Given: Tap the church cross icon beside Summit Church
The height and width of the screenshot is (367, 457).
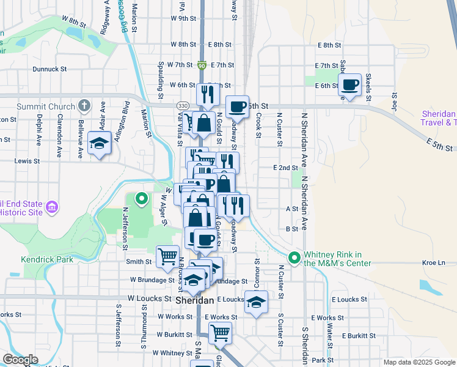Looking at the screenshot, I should coord(84,106).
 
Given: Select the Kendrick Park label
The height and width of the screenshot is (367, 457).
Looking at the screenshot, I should coord(47,259).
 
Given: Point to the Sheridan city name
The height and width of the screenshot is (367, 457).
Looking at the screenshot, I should coord(194,301).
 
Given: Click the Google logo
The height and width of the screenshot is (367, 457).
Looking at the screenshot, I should coord(20,360).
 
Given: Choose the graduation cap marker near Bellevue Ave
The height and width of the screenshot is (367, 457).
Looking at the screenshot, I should coord(99,143).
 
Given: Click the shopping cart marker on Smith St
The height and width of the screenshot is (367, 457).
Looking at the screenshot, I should coord(167,256).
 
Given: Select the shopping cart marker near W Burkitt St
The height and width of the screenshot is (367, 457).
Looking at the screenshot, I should coord(220,333).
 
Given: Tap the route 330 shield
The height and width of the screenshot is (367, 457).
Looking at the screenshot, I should coord(182,106).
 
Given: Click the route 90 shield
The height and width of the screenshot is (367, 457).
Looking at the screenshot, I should coord(202,65).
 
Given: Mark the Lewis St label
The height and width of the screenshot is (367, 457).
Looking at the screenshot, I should coord(27,161).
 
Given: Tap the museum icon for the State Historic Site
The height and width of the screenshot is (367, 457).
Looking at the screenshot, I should coord(53,207).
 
